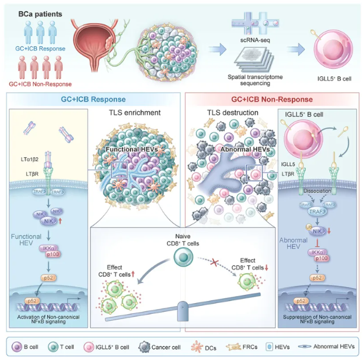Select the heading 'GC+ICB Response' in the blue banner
tap(94, 99)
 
